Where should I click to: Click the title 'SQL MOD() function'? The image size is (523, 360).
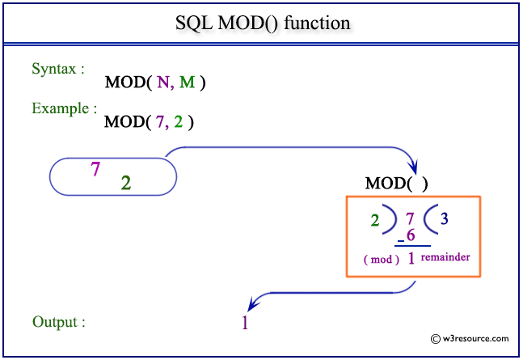(263, 23)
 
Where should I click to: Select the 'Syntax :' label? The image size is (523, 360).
(58, 69)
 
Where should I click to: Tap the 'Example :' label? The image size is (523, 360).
(65, 108)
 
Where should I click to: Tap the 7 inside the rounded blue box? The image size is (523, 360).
(95, 169)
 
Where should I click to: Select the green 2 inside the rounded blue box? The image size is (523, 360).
(126, 183)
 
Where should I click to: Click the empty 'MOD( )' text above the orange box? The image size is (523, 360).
(397, 184)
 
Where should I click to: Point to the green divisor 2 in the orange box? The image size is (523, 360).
(376, 220)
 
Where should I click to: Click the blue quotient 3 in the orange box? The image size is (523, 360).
(444, 218)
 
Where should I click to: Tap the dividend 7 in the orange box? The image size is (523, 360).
(410, 218)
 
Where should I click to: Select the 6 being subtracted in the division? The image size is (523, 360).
(411, 235)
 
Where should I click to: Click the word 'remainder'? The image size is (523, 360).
(445, 256)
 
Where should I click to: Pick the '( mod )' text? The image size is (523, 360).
(382, 259)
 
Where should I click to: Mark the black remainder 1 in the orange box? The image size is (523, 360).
(411, 259)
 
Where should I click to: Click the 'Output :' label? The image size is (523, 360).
(59, 322)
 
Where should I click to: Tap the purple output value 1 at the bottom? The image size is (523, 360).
(245, 323)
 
